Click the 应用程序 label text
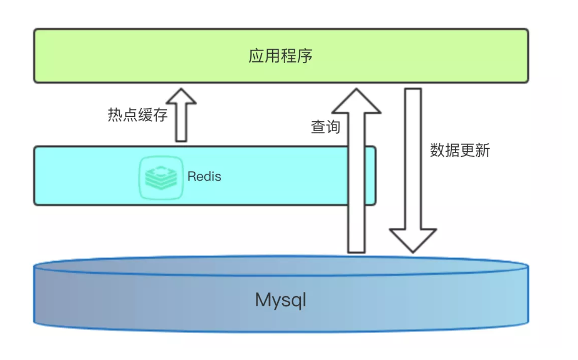point(281,56)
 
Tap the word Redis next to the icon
point(204,176)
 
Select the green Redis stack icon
point(161,177)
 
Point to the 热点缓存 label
point(138,115)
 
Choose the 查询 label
point(325,127)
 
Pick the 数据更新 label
point(460,150)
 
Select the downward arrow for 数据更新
point(413,168)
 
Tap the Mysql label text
point(281,300)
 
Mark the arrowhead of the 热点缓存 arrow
point(181,97)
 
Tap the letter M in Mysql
point(263,300)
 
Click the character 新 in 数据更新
point(483,150)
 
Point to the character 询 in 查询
point(333,127)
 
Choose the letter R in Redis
point(191,176)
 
